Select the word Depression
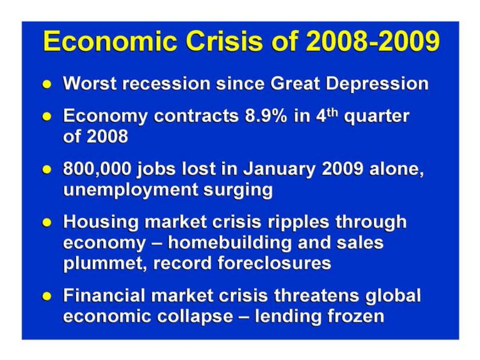377,84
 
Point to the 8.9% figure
266,116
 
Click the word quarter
376,116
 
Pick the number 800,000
97,169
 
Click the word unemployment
130,190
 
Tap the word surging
238,190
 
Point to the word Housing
101,222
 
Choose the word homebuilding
229,243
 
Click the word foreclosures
274,263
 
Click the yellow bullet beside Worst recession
47,84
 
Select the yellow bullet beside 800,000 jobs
47,169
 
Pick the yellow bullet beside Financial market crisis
47,296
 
